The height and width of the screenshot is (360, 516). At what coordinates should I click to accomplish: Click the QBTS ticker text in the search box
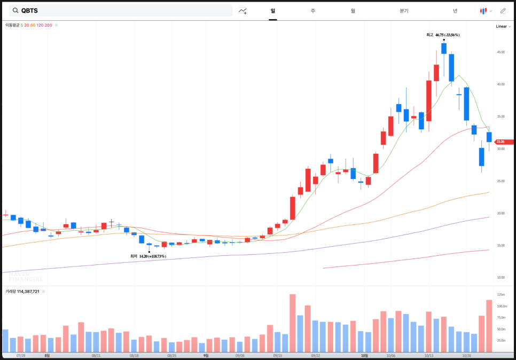29,11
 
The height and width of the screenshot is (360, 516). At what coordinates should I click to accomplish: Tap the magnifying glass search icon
14,11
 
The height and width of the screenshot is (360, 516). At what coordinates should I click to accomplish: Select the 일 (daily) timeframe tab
273,11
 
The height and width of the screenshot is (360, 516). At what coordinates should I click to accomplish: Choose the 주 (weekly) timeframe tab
313,11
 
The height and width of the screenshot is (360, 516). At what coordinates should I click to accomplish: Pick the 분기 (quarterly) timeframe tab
404,11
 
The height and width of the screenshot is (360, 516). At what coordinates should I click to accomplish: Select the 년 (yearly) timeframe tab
455,11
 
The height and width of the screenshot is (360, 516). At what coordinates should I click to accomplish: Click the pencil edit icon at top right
503,11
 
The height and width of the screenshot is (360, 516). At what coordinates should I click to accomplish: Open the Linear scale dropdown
502,26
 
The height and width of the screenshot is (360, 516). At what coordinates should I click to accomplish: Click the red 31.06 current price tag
504,142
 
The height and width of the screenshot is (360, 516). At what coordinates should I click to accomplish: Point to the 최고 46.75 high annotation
443,35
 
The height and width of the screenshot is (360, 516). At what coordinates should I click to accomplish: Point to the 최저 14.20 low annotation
148,256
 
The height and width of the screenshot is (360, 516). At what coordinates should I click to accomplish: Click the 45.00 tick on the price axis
501,52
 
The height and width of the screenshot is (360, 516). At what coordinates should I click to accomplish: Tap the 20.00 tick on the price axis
501,213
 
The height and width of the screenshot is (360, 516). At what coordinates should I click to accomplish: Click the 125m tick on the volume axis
501,295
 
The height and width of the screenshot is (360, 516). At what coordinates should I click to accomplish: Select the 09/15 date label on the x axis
277,355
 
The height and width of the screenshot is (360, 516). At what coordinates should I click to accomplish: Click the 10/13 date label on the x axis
428,355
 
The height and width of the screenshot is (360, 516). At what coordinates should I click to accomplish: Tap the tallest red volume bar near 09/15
292,323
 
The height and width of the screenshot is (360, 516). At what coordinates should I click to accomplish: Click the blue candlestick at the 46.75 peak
444,49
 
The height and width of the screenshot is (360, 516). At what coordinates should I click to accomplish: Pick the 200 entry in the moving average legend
49,25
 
